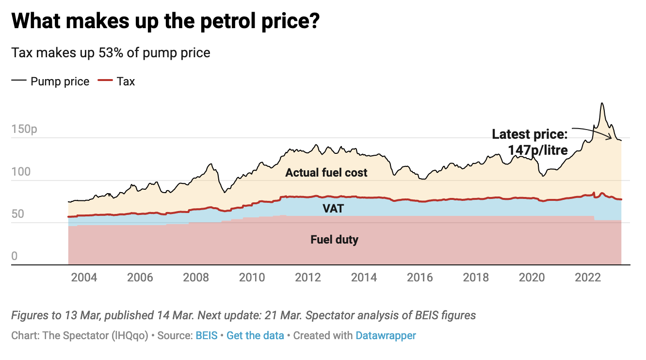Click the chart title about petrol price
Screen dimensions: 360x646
[165, 22]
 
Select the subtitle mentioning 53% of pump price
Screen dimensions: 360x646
[111, 52]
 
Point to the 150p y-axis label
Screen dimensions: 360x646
[24, 130]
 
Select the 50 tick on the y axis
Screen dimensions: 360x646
[18, 214]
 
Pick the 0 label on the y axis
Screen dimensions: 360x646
[15, 256]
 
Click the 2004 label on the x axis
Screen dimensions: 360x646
[84, 278]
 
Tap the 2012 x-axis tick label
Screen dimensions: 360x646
[308, 278]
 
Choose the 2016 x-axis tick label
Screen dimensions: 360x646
[420, 278]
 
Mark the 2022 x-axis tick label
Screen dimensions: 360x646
[588, 278]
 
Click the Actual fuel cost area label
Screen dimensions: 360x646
[326, 173]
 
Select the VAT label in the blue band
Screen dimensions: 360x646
[333, 209]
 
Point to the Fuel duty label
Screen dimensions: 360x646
[334, 239]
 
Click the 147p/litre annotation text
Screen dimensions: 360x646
[538, 150]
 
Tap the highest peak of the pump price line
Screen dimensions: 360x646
[602, 103]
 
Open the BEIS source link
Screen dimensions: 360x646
[207, 335]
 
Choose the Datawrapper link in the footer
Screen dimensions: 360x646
[386, 335]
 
